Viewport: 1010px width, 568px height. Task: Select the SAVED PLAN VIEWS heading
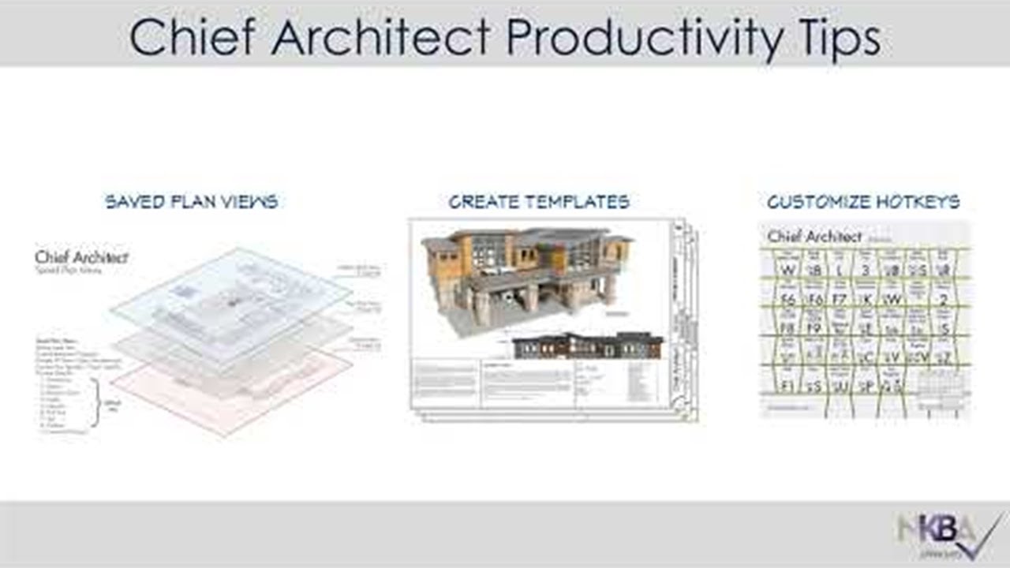point(192,202)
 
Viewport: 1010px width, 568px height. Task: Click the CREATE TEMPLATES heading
point(539,202)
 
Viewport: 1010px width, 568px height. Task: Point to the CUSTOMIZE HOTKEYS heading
point(863,202)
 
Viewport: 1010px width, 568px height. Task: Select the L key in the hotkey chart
point(839,270)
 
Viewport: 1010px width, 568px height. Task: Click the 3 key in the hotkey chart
point(865,270)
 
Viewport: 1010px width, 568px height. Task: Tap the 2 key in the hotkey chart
point(943,300)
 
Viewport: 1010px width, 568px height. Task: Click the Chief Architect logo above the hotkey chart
point(814,236)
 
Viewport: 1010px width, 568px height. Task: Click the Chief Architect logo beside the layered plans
point(81,258)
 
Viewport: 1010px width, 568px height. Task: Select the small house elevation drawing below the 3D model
point(588,346)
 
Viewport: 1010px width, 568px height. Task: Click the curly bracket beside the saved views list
point(95,402)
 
